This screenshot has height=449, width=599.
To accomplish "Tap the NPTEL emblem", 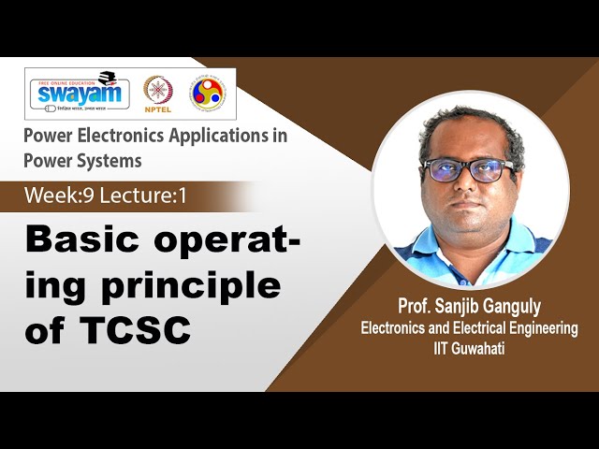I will [158, 92].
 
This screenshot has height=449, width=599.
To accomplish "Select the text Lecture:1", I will [133, 197].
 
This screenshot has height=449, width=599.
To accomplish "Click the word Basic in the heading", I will [79, 240].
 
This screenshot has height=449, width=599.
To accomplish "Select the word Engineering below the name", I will [536, 328].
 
